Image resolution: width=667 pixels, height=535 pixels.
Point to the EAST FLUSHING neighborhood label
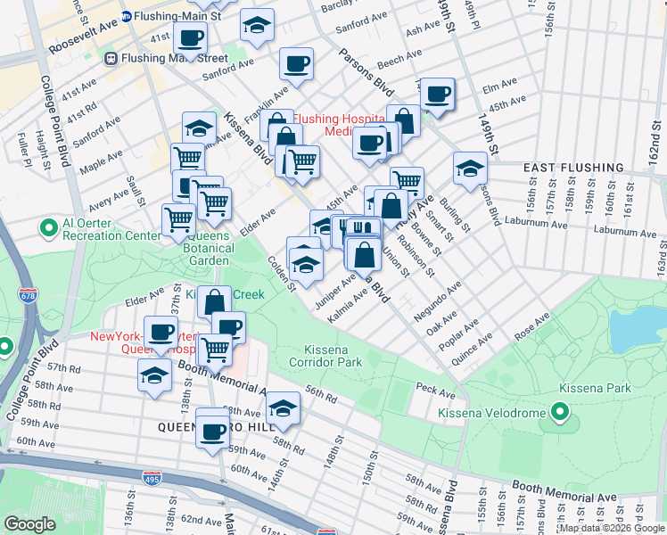(573, 168)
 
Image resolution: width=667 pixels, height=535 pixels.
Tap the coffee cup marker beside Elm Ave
(437, 94)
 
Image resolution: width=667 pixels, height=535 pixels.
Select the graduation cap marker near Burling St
(470, 168)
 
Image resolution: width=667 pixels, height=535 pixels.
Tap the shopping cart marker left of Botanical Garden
(178, 218)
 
